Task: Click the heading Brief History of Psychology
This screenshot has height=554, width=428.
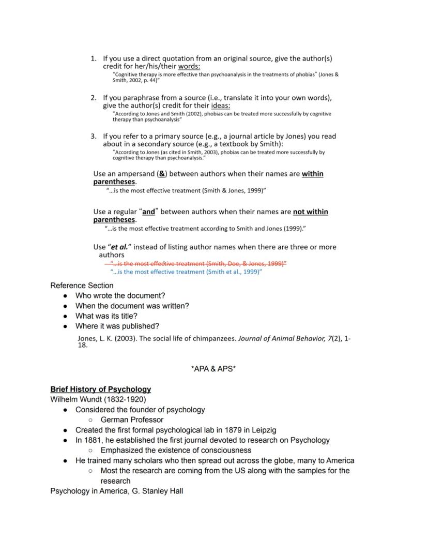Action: (100, 389)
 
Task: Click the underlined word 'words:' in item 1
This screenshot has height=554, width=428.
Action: (189, 66)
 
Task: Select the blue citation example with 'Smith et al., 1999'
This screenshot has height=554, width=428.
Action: (187, 272)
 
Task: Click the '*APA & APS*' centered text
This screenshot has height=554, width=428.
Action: (213, 369)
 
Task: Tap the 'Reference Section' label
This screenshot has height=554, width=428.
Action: (82, 286)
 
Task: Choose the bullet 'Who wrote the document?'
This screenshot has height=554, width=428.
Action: (120, 296)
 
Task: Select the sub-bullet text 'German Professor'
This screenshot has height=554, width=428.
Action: (132, 420)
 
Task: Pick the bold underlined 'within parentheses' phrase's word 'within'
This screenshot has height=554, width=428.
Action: (312, 174)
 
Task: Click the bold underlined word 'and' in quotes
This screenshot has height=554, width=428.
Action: (148, 212)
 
